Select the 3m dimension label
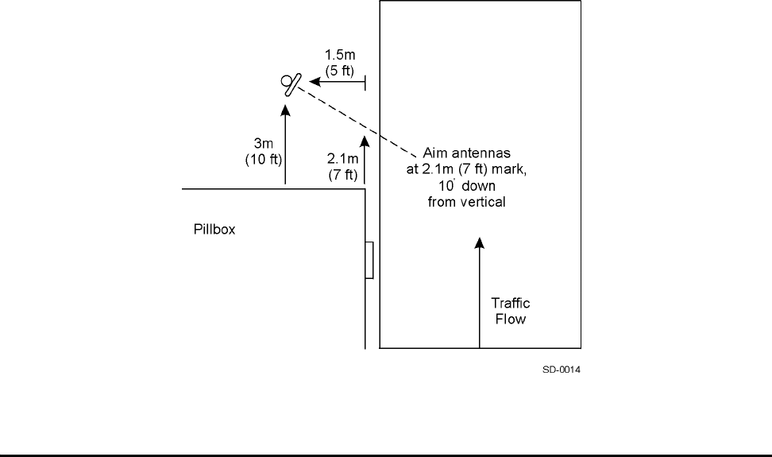262,143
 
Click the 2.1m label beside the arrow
342,161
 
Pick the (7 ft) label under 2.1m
342,174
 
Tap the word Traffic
511,304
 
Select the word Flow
511,320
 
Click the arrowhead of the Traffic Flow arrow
480,241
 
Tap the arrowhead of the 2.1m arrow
365,141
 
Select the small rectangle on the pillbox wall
369,261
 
